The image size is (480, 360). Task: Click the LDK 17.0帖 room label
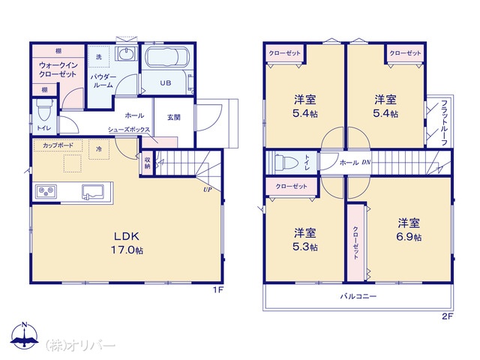127,243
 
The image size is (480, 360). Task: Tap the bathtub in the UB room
166,56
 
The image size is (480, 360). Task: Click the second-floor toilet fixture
286,163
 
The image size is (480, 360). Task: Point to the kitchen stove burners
46,191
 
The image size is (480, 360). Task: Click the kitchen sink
93,192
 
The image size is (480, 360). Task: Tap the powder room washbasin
126,55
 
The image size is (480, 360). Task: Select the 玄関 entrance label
174,117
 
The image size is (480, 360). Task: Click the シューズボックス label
129,130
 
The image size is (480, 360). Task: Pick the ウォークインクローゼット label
58,70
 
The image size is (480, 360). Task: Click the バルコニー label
358,296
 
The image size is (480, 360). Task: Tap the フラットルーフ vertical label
445,122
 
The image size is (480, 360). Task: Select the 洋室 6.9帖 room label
409,229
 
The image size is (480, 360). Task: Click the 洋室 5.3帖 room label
305,240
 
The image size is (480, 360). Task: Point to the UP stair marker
208,190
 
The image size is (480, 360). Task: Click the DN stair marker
366,162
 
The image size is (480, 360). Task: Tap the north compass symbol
25,335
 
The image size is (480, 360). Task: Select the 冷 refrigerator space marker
98,149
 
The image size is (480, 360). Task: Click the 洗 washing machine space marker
98,57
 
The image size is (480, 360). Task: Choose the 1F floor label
218,289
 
